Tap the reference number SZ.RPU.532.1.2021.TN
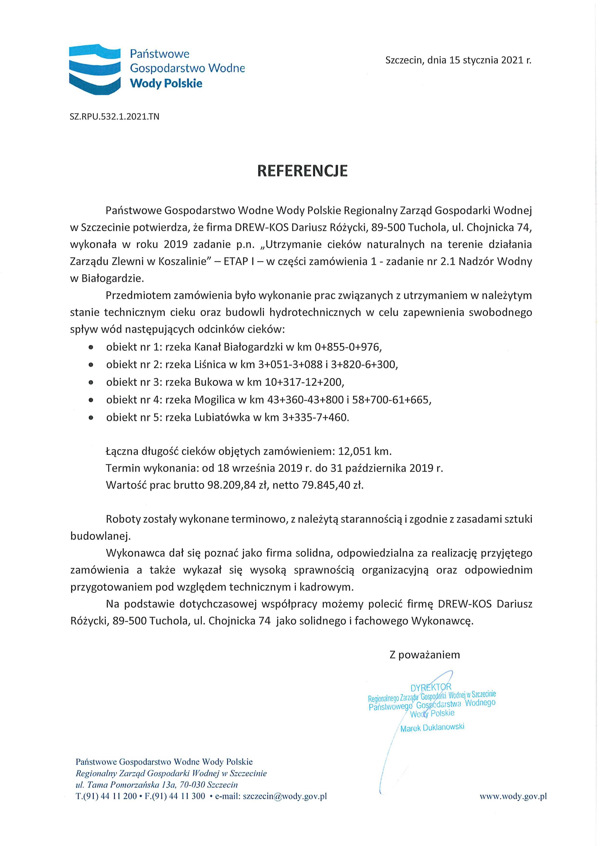pyautogui.click(x=115, y=117)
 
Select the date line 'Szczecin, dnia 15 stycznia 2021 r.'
pyautogui.click(x=458, y=61)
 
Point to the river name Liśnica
pyautogui.click(x=210, y=364)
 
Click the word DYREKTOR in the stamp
pyautogui.click(x=430, y=687)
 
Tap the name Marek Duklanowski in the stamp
pyautogui.click(x=432, y=728)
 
